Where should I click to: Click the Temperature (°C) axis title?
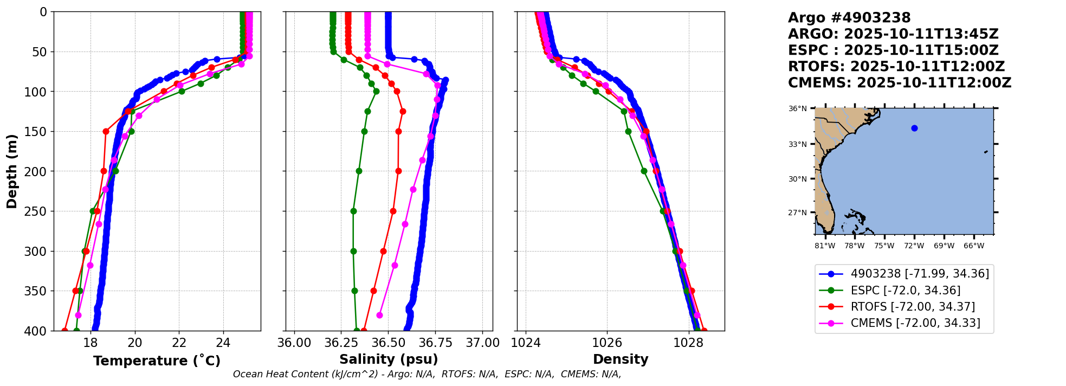pyautogui.click(x=157, y=361)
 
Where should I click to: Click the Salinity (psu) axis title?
pyautogui.click(x=389, y=359)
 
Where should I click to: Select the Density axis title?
pyautogui.click(x=621, y=359)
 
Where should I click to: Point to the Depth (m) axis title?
pyautogui.click(x=12, y=171)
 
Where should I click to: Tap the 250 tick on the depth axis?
pyautogui.click(x=40, y=211)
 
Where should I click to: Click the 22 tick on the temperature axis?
pyautogui.click(x=179, y=343)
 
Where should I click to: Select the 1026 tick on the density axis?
pyautogui.click(x=606, y=343)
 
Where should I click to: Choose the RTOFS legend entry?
pyautogui.click(x=913, y=307)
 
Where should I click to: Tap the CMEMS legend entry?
pyautogui.click(x=915, y=323)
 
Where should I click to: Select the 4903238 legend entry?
pyautogui.click(x=919, y=274)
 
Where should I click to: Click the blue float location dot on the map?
pyautogui.click(x=914, y=128)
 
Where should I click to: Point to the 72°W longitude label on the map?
pyautogui.click(x=914, y=246)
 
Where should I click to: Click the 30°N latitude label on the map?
pyautogui.click(x=797, y=179)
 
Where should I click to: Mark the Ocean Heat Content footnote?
pyautogui.click(x=427, y=374)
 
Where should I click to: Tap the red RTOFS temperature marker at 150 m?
pyautogui.click(x=106, y=131)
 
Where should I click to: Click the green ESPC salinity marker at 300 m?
pyautogui.click(x=353, y=251)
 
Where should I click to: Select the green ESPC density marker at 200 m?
pyautogui.click(x=644, y=171)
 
